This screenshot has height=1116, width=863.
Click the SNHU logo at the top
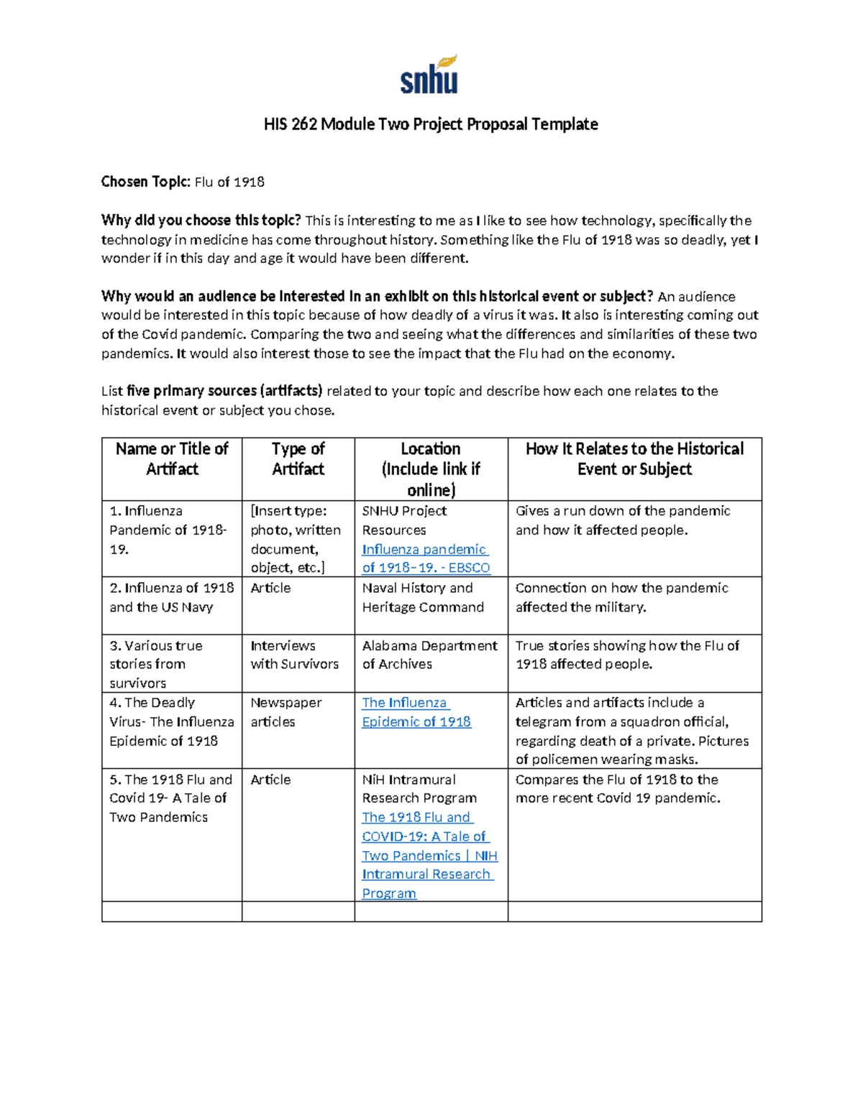pos(429,75)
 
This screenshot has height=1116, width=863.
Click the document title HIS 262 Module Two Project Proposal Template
pos(431,124)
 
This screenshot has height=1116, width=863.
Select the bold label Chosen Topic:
pos(146,182)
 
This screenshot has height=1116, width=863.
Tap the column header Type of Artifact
pos(298,458)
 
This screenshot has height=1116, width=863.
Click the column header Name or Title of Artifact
pos(172,458)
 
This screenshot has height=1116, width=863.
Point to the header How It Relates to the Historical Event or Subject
pos(634,458)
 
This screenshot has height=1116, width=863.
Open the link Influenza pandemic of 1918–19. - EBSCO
pos(426,558)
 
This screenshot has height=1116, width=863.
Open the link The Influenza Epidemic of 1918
pos(416,712)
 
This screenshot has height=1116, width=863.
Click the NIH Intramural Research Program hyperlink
pos(429,855)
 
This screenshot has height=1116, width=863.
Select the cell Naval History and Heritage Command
pos(423,597)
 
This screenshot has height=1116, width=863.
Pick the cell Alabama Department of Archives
pos(429,655)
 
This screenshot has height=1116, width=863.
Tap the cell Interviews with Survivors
pos(294,655)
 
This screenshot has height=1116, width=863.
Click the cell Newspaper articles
pos(286,712)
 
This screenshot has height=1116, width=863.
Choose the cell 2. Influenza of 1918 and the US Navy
pos(171,597)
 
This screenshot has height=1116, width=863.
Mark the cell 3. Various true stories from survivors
pos(156,664)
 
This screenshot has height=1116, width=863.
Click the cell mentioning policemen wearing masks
pos(632,731)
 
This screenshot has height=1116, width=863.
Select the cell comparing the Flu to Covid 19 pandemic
pos(618,788)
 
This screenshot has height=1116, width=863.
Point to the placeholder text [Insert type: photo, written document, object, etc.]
pos(296,539)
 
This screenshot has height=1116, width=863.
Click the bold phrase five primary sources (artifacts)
pos(224,391)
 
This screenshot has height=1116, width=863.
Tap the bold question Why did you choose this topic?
pos(201,221)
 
